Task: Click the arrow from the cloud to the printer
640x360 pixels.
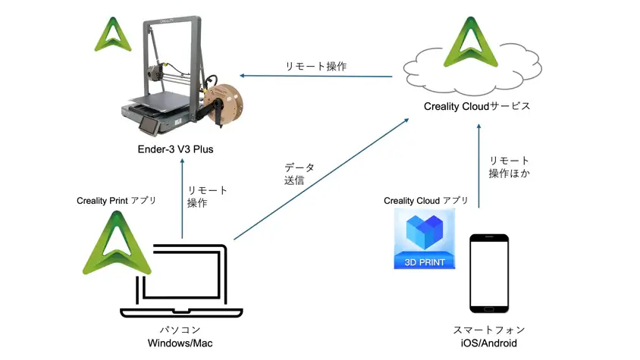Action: point(316,76)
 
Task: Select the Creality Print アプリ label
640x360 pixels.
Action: point(116,201)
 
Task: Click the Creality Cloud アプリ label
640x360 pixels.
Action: point(425,201)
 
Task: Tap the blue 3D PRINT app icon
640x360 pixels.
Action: point(425,241)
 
